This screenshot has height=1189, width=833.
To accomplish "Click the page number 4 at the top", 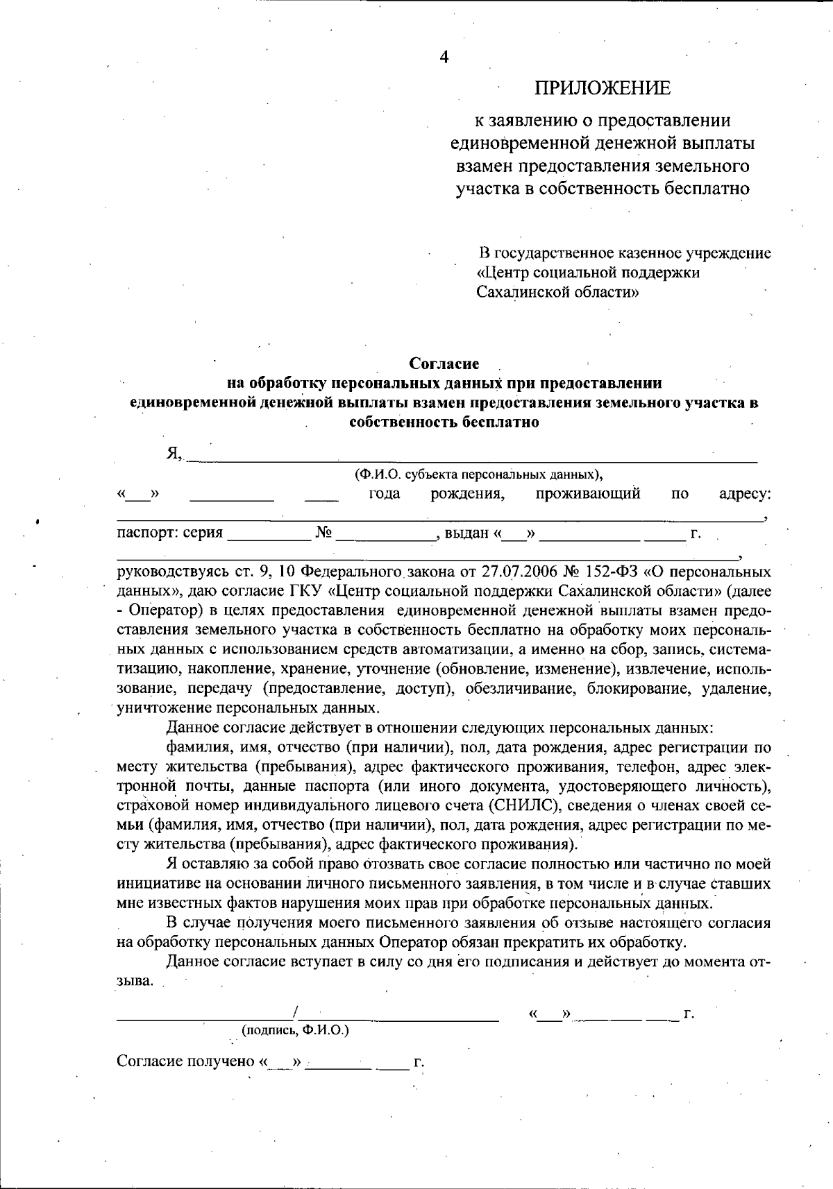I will (444, 58).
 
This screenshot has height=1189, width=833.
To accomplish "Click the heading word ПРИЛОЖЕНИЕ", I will (603, 88).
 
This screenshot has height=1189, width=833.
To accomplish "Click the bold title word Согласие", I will (444, 363).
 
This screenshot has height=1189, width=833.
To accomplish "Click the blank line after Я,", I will (472, 457).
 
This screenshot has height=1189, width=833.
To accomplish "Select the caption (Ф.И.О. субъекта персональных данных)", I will (478, 475).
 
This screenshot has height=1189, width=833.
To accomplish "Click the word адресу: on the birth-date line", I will (745, 494).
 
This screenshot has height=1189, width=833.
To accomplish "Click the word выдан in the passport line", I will (466, 533).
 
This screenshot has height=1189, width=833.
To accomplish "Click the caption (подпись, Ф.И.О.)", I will (295, 1030).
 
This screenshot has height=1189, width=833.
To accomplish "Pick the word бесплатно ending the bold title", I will (500, 422).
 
